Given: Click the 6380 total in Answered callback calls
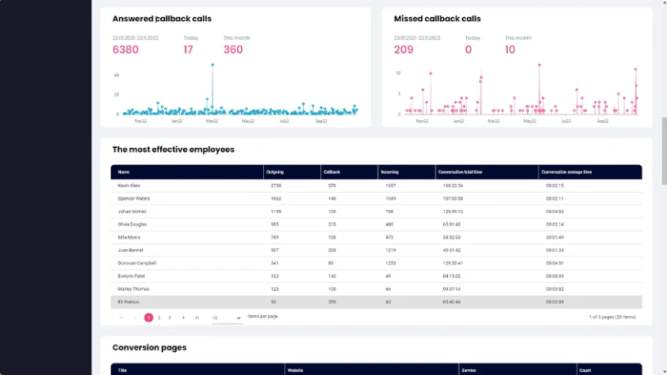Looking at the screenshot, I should coord(125,49).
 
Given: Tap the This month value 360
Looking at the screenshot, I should coord(233,49).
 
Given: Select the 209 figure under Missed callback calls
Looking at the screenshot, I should coord(403,49).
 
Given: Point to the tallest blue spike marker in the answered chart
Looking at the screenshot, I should coord(212,65).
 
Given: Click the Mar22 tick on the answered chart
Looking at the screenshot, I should coord(212,121).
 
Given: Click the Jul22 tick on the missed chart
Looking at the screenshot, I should coord(566,121).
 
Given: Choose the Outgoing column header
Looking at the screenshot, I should coord(275,172).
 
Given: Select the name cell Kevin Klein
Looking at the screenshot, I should coord(129,185).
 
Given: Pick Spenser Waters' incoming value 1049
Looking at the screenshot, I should coord(391,199).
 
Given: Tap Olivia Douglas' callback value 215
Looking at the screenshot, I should coord(331,224).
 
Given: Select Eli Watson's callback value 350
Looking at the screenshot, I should coord(331,301).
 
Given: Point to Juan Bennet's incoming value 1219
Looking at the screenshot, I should coord(391,250).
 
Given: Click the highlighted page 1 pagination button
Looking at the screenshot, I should coord(149,317).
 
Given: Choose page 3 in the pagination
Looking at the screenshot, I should coord(169,317).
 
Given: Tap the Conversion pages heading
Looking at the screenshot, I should coord(150,347).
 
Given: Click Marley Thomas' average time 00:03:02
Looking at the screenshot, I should coord(555,288).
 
